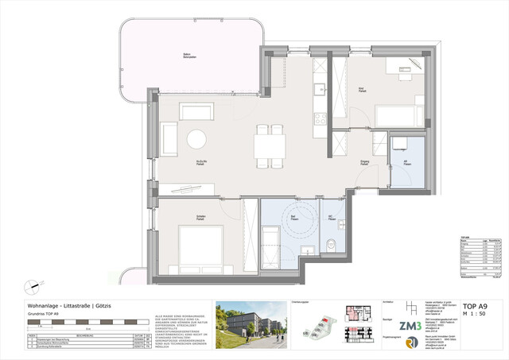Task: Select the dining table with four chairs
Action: (270, 146)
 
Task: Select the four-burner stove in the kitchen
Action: (320, 119)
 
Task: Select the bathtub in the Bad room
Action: (269, 241)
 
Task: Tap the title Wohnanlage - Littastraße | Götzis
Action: (75, 306)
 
